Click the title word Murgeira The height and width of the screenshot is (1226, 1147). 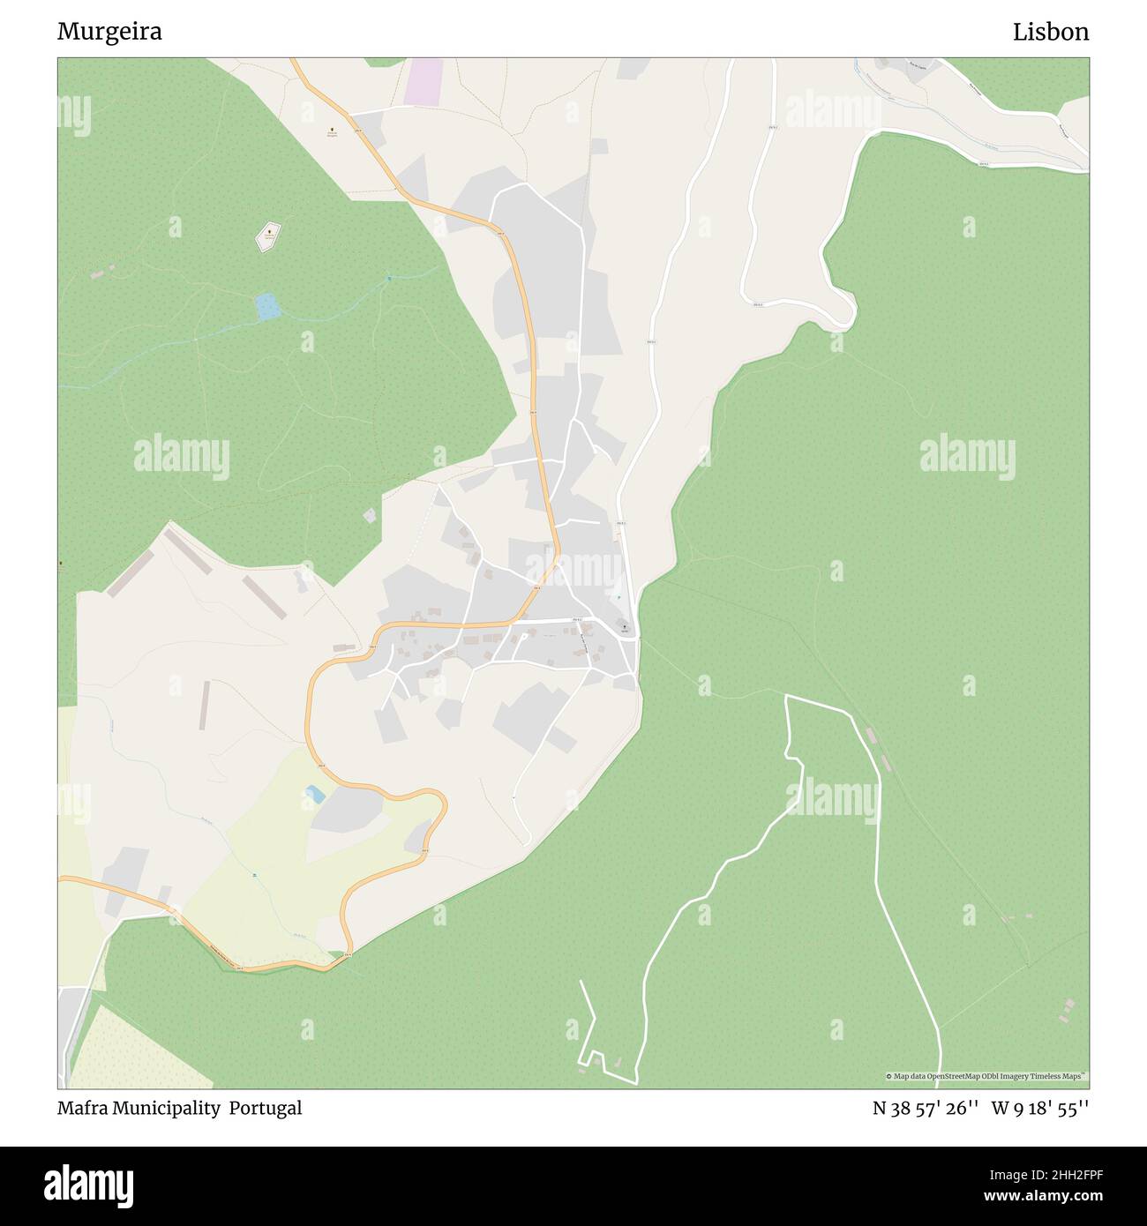109,32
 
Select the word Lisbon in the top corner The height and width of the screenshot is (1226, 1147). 1050,32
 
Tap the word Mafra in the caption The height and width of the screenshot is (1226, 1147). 82,1108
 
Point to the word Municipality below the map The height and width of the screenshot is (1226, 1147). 166,1108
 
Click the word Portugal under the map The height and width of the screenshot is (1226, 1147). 266,1108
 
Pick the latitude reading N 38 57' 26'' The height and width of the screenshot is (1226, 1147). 926,1108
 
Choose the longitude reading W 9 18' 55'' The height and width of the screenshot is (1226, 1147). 1040,1108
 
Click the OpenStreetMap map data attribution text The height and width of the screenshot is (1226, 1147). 986,1076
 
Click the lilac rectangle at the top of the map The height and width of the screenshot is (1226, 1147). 424,79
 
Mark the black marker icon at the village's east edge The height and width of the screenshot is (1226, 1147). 625,627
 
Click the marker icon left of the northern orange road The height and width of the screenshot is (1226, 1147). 332,131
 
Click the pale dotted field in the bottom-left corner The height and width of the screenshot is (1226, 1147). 141,1050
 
